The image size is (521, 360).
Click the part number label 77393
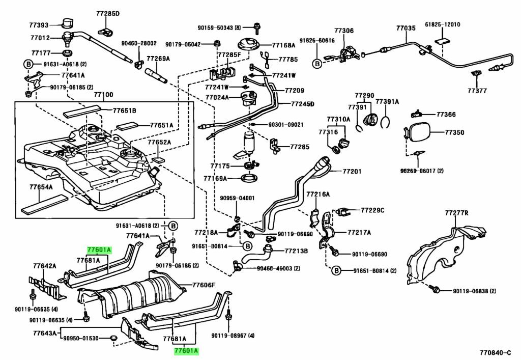[x=39, y=24]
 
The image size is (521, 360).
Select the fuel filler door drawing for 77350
[x=419, y=133]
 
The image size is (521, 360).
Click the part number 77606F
[x=204, y=285]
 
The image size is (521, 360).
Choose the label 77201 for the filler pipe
[x=352, y=171]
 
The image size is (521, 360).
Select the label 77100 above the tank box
[x=103, y=95]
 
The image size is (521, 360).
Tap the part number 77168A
[x=283, y=45]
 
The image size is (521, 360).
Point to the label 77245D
[x=302, y=104]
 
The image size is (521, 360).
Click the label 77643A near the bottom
[x=45, y=334]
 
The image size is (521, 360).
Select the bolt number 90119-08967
[x=234, y=335]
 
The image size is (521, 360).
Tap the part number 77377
[x=477, y=91]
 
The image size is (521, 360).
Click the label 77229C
[x=373, y=210]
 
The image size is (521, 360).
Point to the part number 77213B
[x=296, y=251]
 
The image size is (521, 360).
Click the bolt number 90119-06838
[x=474, y=291]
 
